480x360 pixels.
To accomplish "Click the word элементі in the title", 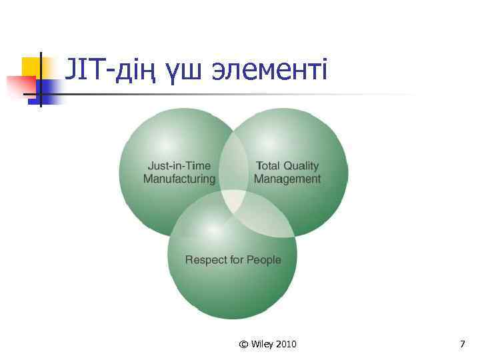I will click(x=269, y=69).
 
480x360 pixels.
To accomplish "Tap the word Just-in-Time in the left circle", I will click(x=179, y=166).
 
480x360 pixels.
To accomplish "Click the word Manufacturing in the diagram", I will click(x=179, y=179).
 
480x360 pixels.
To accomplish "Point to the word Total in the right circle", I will click(x=268, y=166).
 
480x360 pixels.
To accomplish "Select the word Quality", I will click(x=301, y=166).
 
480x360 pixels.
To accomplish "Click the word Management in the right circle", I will click(x=287, y=179).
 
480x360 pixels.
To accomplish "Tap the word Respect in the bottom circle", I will click(x=206, y=259).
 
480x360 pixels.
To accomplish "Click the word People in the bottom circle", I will click(x=264, y=259).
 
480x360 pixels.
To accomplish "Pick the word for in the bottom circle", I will click(x=237, y=259).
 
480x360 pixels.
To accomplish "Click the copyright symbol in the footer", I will click(x=243, y=344).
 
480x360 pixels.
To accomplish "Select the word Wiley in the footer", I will click(x=261, y=344).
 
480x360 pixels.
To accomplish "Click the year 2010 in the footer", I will click(x=285, y=344).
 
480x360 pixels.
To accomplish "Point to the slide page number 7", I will click(x=462, y=344).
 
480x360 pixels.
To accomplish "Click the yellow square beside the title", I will click(x=31, y=67).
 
